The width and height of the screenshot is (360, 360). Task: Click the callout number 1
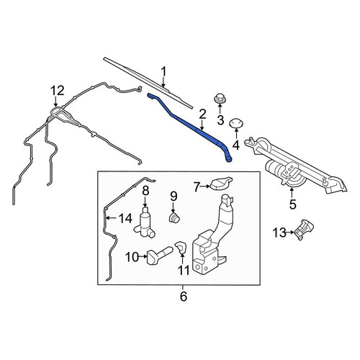click(x=163, y=72)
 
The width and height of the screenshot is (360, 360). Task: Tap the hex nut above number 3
click(x=218, y=99)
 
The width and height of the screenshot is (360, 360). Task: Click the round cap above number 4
click(x=236, y=123)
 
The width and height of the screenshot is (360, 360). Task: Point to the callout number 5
click(x=292, y=204)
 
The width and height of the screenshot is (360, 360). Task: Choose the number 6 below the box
click(x=183, y=297)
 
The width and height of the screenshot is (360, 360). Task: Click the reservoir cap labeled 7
click(x=221, y=183)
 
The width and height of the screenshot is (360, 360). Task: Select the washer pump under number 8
click(x=145, y=222)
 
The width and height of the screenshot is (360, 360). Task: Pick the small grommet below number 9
click(x=174, y=217)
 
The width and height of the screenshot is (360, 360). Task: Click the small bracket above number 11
click(x=181, y=247)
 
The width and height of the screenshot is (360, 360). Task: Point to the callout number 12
click(x=58, y=91)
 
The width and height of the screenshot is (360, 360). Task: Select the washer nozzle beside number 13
click(x=304, y=229)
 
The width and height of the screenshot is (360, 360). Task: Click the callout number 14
click(x=125, y=218)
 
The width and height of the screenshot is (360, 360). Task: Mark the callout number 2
click(x=202, y=114)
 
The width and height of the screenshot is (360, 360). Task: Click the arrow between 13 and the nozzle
click(x=290, y=232)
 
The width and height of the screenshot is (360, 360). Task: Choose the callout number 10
click(x=132, y=258)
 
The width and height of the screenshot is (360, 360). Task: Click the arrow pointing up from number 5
click(x=292, y=193)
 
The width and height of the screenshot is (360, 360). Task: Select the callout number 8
click(x=145, y=191)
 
